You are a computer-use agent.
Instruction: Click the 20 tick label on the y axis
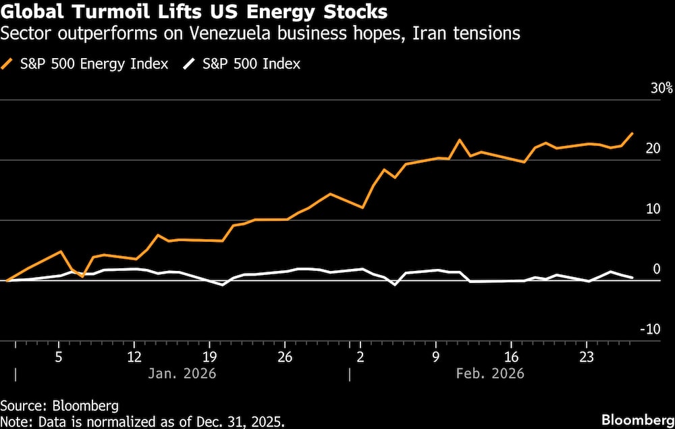tap(653, 149)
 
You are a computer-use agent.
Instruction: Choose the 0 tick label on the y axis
tap(656, 269)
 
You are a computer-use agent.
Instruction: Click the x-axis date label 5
tap(59, 356)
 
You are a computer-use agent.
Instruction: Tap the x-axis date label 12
tap(135, 356)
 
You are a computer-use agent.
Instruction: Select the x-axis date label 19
tap(210, 356)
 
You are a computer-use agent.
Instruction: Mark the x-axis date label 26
tap(286, 356)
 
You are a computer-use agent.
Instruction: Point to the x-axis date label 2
tap(360, 356)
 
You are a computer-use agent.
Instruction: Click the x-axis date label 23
tap(587, 356)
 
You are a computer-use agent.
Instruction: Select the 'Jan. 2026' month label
tap(182, 373)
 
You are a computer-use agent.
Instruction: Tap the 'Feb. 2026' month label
tap(490, 373)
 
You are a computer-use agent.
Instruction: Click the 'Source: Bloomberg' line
tap(59, 406)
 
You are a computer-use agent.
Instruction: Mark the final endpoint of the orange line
tap(632, 133)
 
